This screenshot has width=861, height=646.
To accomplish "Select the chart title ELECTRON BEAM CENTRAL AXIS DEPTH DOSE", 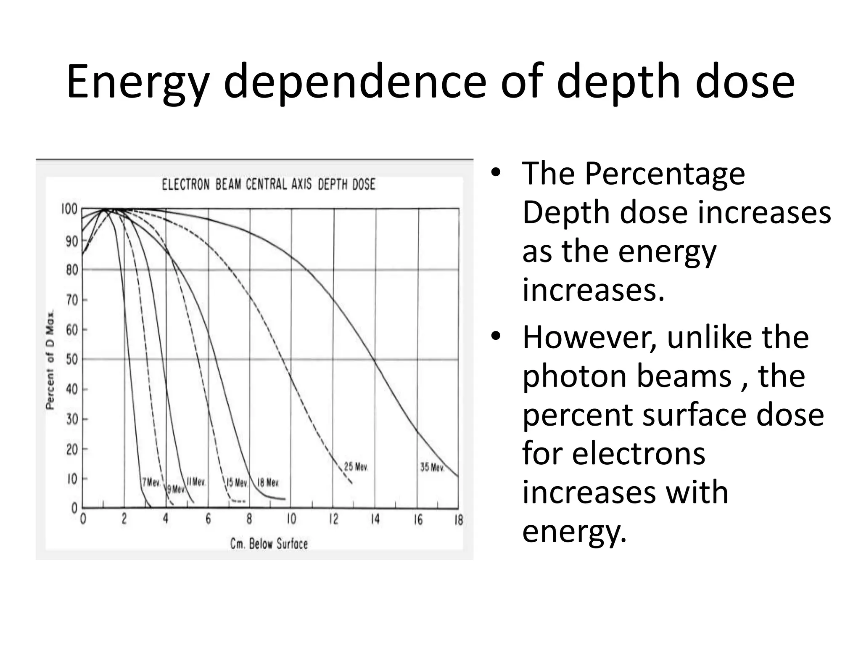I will (269, 185).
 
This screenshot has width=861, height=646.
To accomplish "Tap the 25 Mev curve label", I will (356, 467).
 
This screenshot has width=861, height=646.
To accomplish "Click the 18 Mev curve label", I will (268, 483).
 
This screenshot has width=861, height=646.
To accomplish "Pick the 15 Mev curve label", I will (237, 483).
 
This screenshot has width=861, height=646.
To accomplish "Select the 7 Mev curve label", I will (151, 482).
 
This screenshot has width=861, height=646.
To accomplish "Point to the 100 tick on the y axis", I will (69, 209).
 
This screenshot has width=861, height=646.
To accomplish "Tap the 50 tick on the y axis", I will (72, 360).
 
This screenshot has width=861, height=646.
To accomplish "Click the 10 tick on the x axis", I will (291, 519).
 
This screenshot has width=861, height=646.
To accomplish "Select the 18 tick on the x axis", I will (458, 520).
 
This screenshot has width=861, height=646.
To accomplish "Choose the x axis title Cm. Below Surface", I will (269, 544).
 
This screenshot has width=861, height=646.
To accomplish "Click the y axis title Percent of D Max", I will (50, 360).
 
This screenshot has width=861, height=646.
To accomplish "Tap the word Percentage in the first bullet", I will (665, 173).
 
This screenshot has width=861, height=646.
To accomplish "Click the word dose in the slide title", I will (745, 82).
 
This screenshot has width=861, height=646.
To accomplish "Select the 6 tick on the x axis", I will (208, 519).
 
